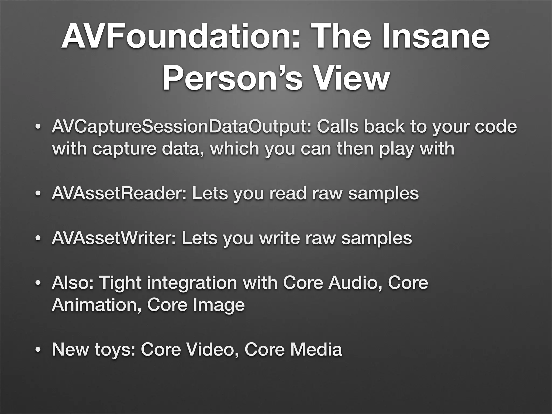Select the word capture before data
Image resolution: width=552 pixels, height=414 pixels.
pyautogui.click(x=124, y=149)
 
